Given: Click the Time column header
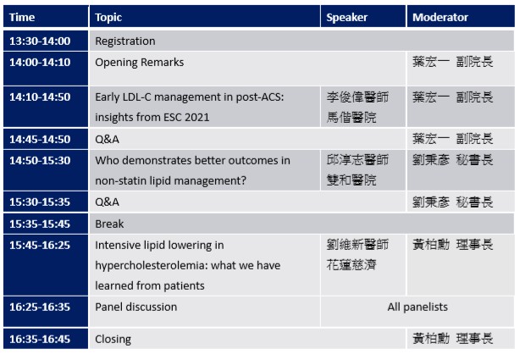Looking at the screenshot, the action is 22,17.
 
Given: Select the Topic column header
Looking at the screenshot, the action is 108,18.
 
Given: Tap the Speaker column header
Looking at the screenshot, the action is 346,18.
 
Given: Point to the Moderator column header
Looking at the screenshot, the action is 440,17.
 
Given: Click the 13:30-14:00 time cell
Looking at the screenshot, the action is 40,41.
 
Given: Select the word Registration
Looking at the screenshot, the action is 125,42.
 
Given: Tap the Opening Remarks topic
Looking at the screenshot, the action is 140,63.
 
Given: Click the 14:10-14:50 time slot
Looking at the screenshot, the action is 40,97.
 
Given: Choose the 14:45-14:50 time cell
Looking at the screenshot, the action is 40,139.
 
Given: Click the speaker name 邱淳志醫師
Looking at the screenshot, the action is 357,160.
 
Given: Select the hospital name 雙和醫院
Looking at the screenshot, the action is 351,180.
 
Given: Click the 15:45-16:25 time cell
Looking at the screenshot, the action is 40,245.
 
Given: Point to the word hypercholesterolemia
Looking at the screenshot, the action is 152,265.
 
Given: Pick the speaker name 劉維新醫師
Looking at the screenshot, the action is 357,245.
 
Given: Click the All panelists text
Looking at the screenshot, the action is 418,307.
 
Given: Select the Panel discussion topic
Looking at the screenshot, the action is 136,307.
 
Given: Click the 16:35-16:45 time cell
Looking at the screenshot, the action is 40,339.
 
